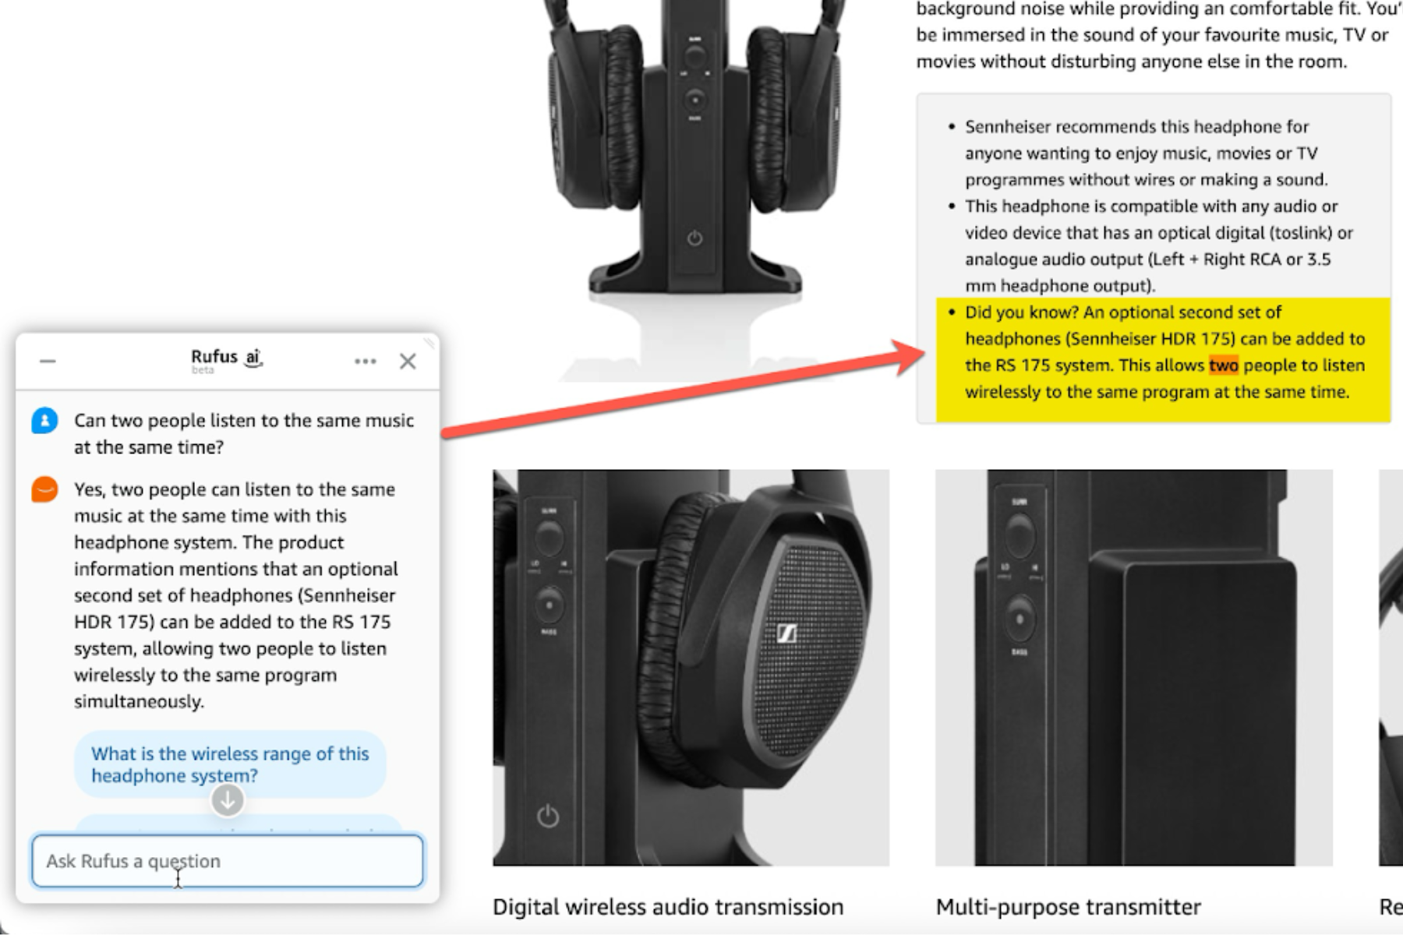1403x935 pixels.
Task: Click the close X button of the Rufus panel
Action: (x=408, y=362)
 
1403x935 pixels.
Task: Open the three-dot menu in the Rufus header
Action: (x=365, y=362)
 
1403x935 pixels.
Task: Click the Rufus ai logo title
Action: (x=226, y=358)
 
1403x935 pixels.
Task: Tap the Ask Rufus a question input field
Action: (x=227, y=861)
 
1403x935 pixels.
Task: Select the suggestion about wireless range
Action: (x=230, y=764)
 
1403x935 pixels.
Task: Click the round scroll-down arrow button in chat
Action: (x=228, y=800)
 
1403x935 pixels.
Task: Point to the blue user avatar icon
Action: (x=44, y=421)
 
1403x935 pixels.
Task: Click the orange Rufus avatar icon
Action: (x=44, y=489)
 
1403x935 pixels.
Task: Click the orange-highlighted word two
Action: (x=1224, y=365)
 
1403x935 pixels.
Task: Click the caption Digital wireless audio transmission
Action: (x=668, y=907)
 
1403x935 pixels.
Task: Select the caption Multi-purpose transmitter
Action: (x=1068, y=907)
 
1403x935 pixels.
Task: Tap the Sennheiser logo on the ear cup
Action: (x=786, y=633)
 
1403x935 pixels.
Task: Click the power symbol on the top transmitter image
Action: (x=694, y=238)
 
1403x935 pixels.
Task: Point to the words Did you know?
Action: (x=1021, y=312)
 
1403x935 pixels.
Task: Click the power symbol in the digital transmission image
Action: (x=548, y=816)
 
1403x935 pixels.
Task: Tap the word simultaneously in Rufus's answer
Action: (x=139, y=701)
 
